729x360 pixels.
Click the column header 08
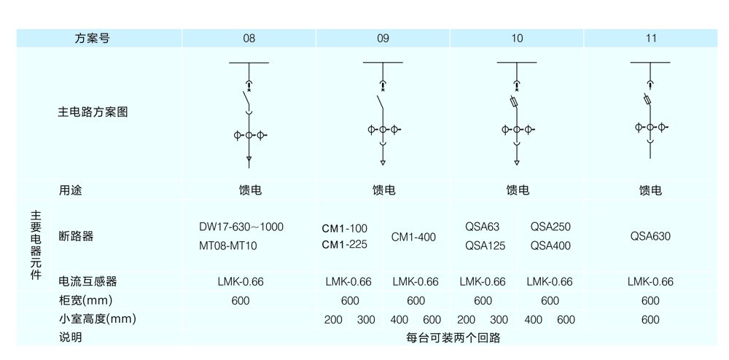(249, 39)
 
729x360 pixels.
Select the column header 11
(651, 39)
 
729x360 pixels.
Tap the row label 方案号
(93, 39)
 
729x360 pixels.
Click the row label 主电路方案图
(93, 112)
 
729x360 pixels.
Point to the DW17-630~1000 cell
(241, 227)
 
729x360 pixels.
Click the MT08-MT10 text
(227, 246)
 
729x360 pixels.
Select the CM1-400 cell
(413, 238)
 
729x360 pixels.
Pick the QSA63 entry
(482, 227)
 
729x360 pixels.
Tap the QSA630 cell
(650, 236)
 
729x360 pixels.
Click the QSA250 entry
(550, 227)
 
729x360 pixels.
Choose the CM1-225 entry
(345, 244)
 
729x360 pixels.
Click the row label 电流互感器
(87, 281)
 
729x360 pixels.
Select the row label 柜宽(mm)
(85, 300)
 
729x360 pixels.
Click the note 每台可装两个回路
(453, 337)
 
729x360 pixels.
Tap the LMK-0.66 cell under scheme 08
(241, 281)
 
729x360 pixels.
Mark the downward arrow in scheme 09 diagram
(383, 163)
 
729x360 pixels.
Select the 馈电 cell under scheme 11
(650, 190)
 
